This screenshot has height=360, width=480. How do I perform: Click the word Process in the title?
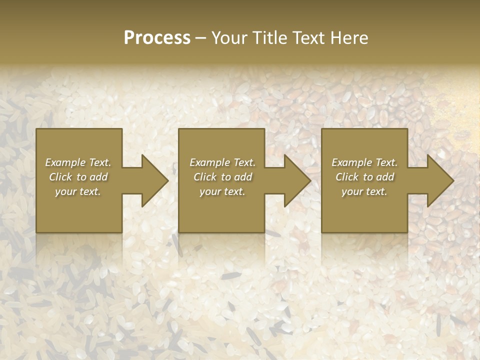pyautogui.click(x=157, y=38)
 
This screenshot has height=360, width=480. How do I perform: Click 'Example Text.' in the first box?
pyautogui.click(x=78, y=162)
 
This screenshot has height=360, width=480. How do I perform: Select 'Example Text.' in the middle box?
pyautogui.click(x=222, y=162)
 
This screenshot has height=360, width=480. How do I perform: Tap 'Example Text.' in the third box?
pyautogui.click(x=364, y=162)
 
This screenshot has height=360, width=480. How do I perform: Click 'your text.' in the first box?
pyautogui.click(x=78, y=191)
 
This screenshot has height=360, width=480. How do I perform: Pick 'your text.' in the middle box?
pyautogui.click(x=222, y=191)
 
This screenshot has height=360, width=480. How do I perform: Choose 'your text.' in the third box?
pyautogui.click(x=364, y=191)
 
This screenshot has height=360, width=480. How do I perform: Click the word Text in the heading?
pyautogui.click(x=306, y=38)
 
